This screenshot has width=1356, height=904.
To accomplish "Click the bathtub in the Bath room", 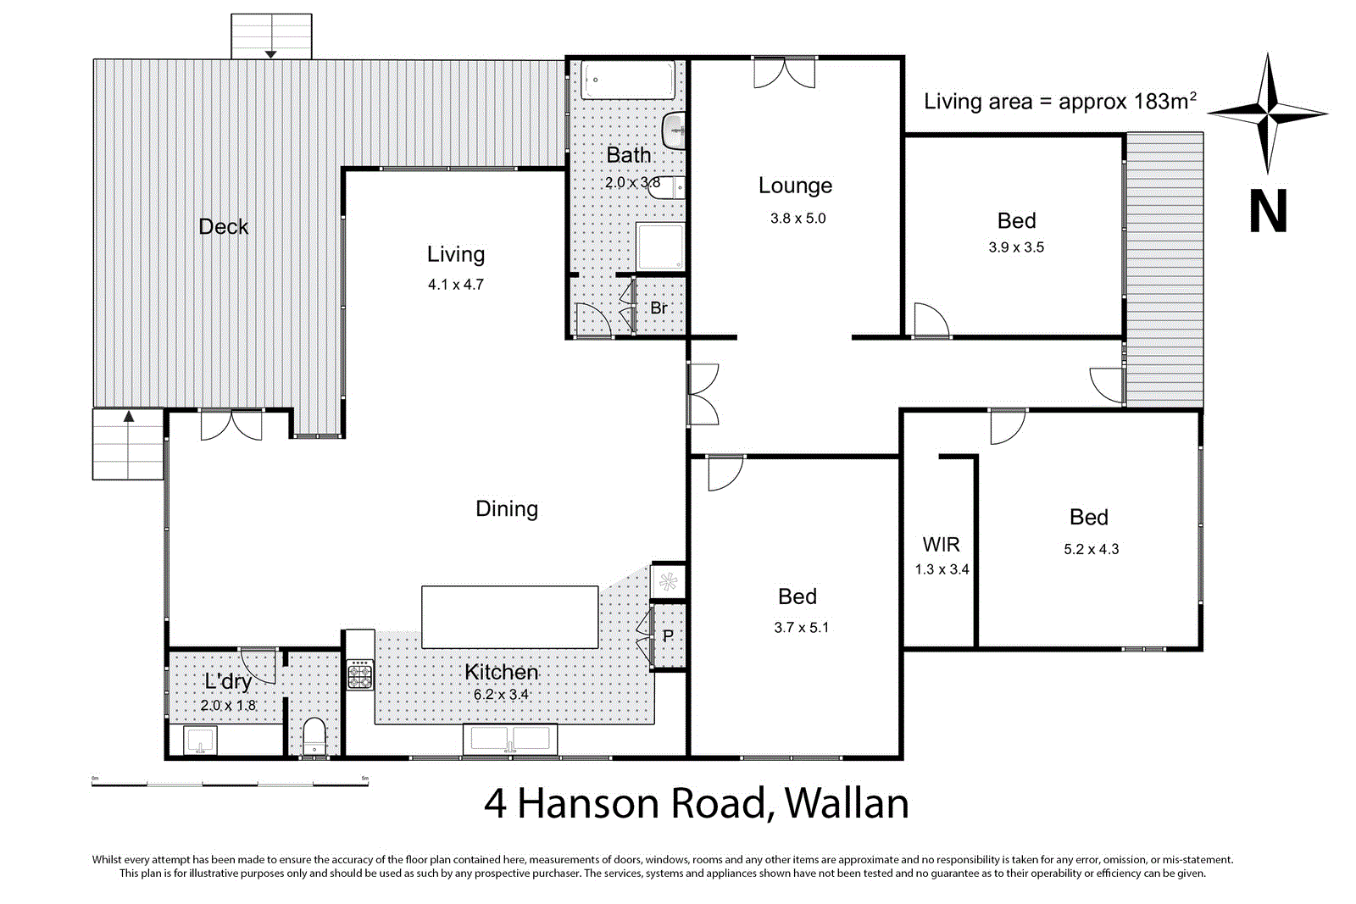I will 628,80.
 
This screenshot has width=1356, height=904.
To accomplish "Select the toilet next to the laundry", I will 314,735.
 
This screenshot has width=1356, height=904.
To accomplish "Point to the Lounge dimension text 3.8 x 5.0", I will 797,219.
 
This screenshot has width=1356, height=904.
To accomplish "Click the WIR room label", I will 941,545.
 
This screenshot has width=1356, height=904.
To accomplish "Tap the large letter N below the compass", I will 1268,211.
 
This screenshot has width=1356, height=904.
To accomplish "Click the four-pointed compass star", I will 1268,113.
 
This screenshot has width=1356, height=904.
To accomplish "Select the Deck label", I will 223,227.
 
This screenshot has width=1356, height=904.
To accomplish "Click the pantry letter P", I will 668,636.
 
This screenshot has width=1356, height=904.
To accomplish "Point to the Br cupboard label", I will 659,308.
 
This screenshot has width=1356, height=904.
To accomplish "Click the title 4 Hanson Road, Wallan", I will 696,803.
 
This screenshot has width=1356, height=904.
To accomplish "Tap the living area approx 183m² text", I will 1059,102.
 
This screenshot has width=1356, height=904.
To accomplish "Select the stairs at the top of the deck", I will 271,36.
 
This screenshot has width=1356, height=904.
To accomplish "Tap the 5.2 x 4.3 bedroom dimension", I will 1091,549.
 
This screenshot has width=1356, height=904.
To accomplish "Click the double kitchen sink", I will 510,739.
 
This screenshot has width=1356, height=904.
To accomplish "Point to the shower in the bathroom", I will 660,247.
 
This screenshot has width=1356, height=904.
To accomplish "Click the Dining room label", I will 507,508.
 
